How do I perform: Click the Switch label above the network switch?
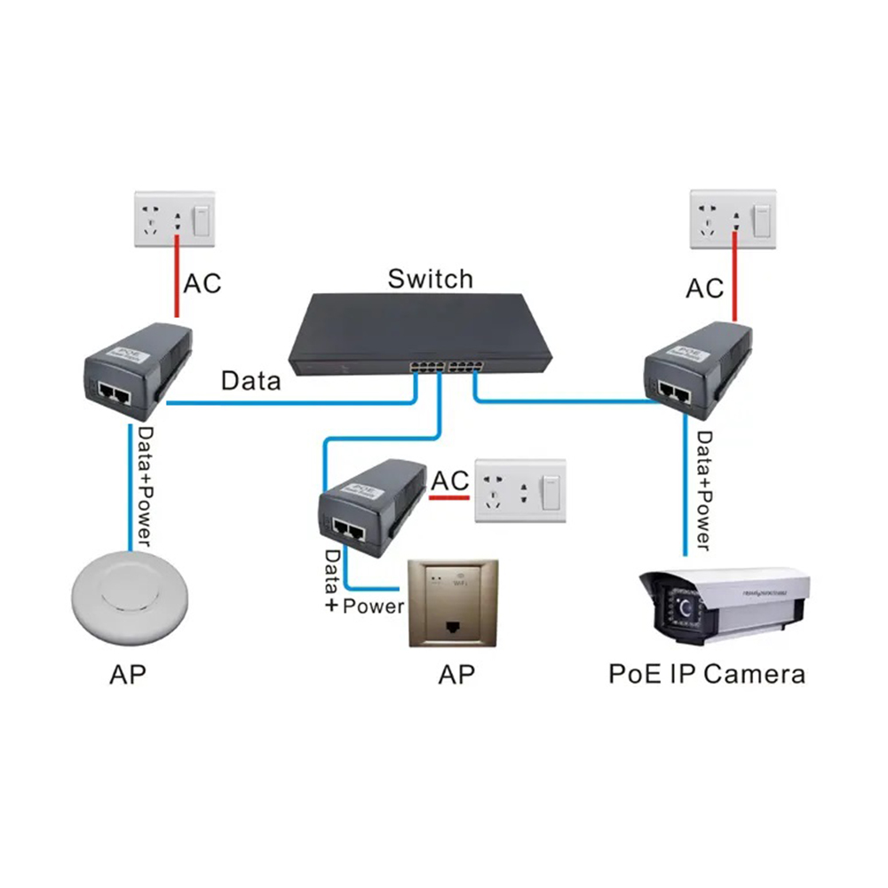430,279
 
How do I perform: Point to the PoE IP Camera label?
706,673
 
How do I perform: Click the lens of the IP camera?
684,610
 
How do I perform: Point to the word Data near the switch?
250,382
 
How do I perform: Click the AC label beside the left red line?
202,284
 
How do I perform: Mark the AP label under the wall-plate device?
456,674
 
